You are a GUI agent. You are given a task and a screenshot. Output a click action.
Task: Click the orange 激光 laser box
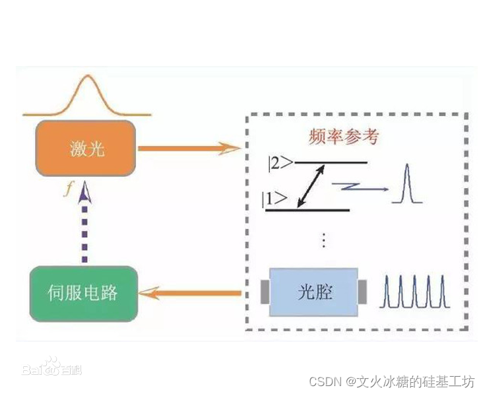click(x=86, y=149)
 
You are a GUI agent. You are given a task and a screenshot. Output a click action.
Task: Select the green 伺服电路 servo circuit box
click(x=84, y=292)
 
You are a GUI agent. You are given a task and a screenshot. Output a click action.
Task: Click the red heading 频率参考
click(x=344, y=137)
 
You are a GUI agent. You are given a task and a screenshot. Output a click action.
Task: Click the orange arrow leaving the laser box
click(x=188, y=148)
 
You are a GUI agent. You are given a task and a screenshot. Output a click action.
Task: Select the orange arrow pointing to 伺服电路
click(x=191, y=292)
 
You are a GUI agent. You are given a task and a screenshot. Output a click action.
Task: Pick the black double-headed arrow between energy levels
click(x=311, y=186)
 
